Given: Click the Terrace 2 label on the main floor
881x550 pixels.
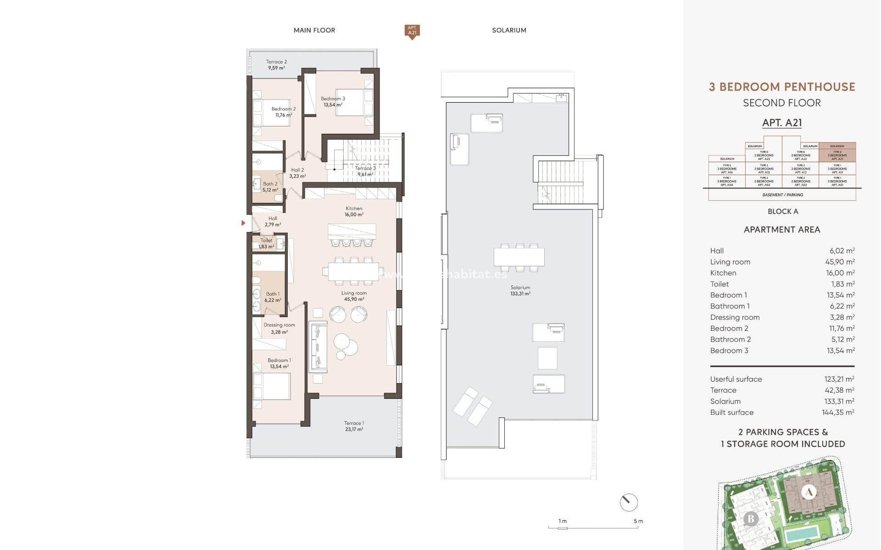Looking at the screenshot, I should click(x=276, y=65).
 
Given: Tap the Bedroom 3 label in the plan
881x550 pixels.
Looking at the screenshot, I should click(x=333, y=101).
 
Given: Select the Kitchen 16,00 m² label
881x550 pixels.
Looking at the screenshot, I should click(x=354, y=211).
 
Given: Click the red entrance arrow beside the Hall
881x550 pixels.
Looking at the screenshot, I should click(x=244, y=223).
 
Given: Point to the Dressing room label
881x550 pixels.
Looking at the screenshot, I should click(x=279, y=328).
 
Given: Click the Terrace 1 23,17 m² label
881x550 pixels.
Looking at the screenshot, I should click(x=354, y=426).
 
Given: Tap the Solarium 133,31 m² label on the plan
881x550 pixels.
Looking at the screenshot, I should click(x=520, y=291).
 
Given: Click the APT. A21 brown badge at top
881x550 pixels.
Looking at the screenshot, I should click(x=412, y=31).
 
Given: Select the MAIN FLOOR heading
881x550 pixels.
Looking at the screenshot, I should click(x=314, y=30).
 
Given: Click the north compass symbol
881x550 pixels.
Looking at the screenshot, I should click(x=628, y=502).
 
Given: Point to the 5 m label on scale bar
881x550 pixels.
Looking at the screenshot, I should click(x=638, y=521).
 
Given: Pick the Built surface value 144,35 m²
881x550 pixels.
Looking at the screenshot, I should click(x=838, y=412).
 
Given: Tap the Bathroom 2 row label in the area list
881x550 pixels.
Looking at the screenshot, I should click(x=730, y=339).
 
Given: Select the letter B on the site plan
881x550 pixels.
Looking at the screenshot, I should click(x=751, y=519).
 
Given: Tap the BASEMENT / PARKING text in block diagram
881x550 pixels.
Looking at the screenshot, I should click(x=782, y=195).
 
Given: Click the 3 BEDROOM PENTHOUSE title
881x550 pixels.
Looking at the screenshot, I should click(x=782, y=87).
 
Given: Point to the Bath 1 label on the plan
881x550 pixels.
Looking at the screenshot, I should click(x=273, y=297).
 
